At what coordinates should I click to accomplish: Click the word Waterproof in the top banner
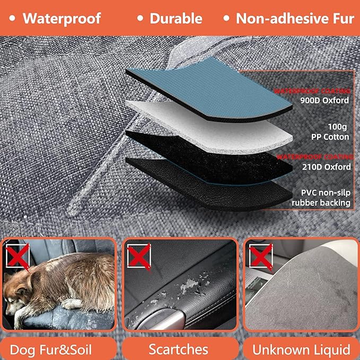tap(62, 19)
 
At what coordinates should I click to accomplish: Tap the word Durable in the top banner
tap(176, 19)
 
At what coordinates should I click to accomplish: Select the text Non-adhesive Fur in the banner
tap(295, 19)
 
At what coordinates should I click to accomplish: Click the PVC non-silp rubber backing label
tap(321, 197)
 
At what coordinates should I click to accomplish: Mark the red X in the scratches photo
tap(138, 257)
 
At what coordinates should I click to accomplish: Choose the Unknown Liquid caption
tap(301, 349)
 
